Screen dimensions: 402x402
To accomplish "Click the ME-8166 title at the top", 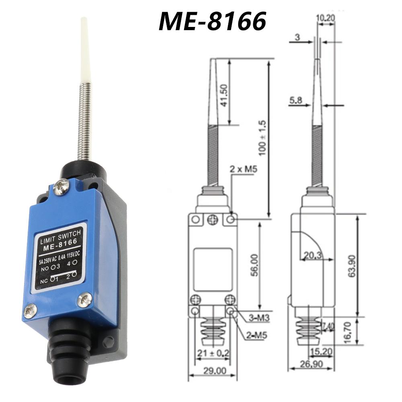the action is (213, 22).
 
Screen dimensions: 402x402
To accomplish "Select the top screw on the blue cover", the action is (61, 187).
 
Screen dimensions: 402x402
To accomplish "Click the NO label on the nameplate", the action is (45, 269).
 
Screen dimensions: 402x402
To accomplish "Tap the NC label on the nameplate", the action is (44, 281).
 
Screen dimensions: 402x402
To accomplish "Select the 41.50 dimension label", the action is (224, 95).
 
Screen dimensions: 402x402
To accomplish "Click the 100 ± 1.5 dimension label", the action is (262, 138).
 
